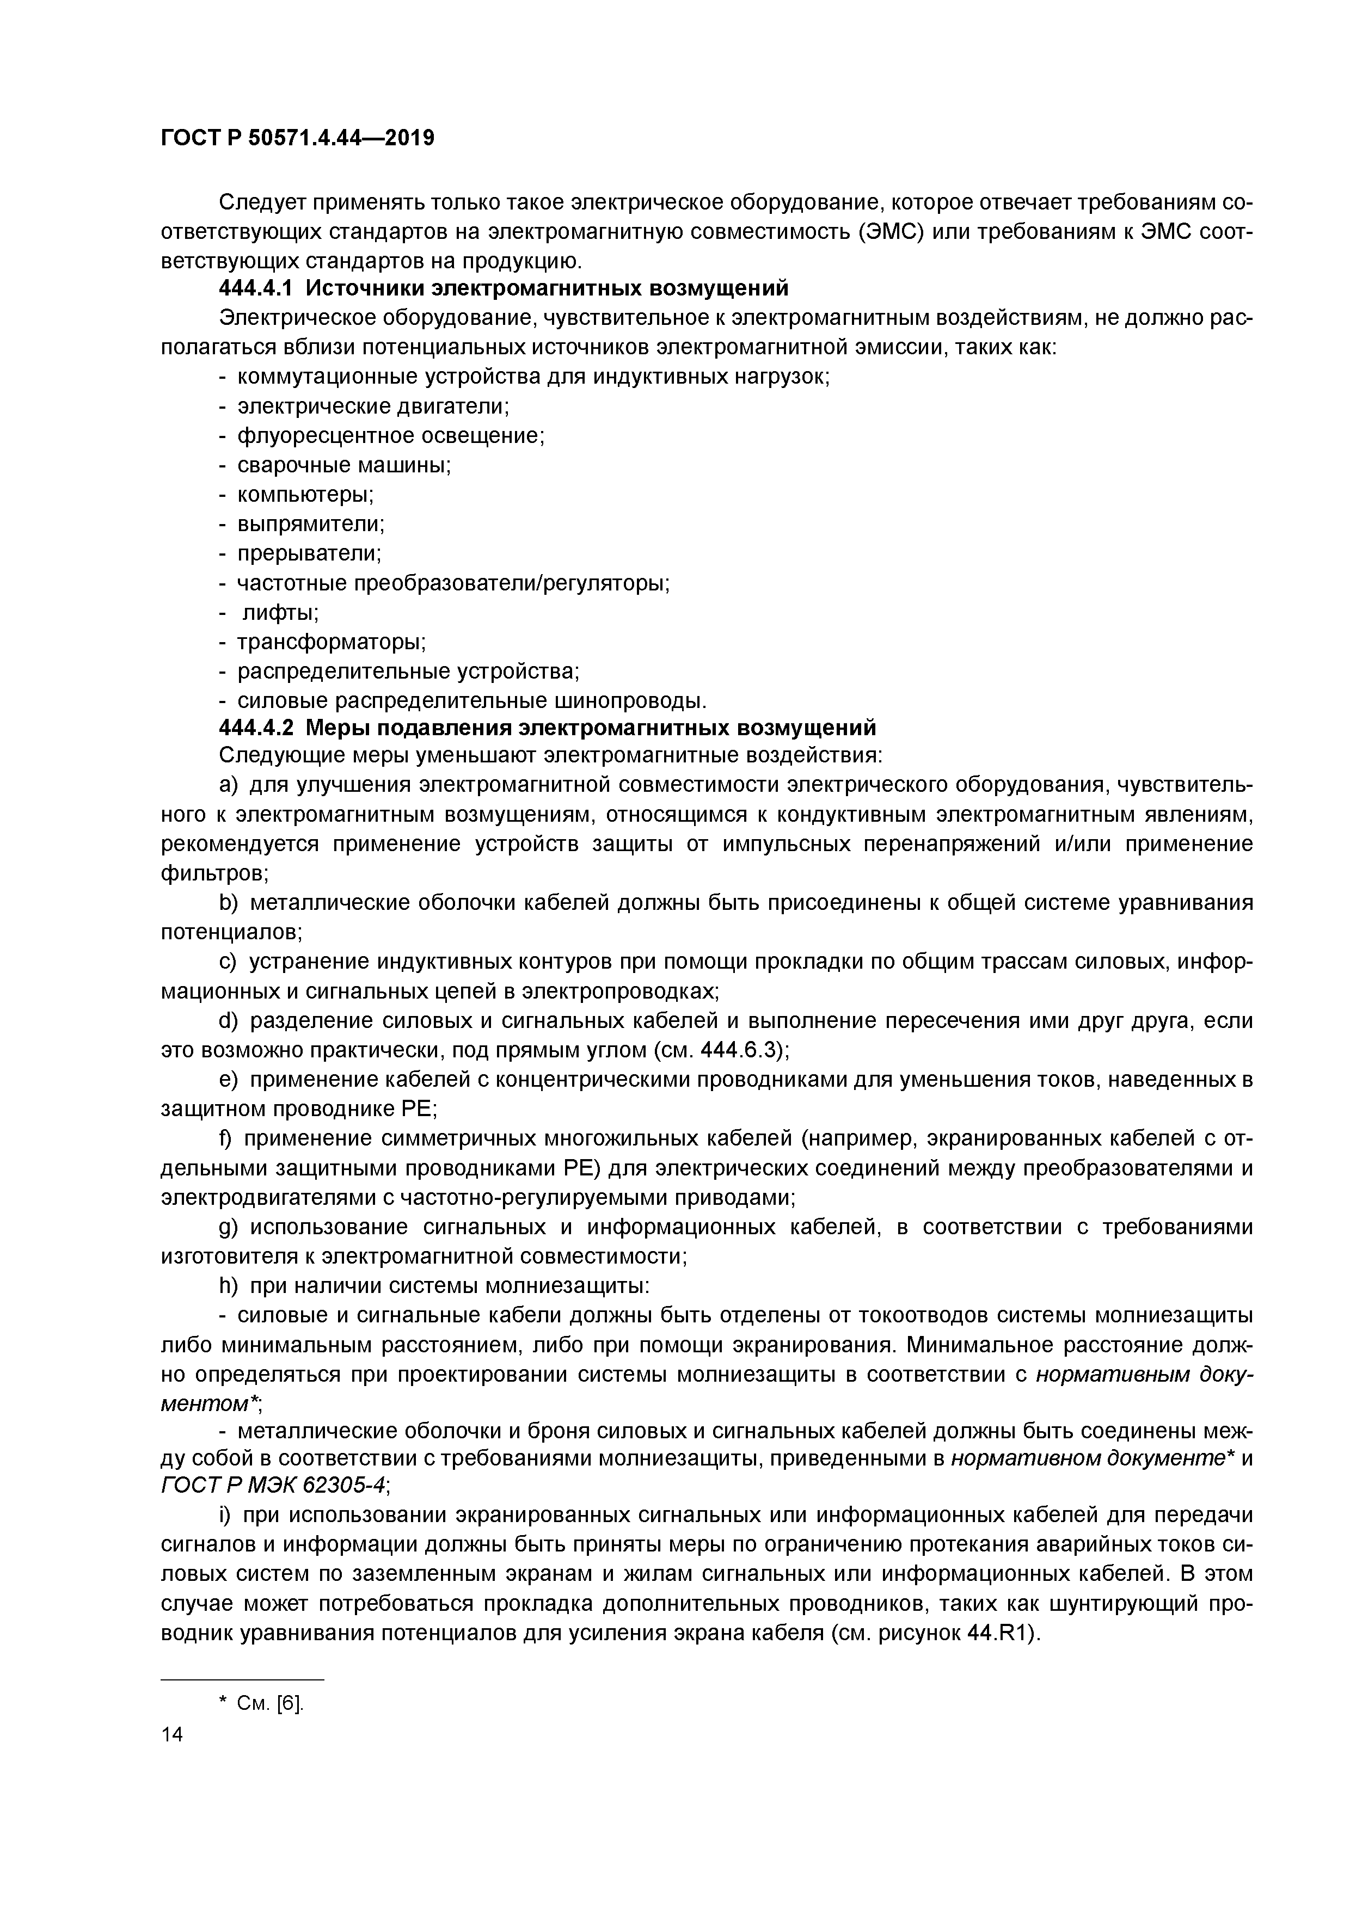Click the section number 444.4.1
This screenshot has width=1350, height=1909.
tap(256, 288)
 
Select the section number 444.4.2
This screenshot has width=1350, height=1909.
tap(256, 728)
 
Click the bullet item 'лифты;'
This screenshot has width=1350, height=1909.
tap(280, 613)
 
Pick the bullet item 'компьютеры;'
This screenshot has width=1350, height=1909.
tap(305, 495)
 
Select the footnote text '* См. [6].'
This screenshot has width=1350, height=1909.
tap(261, 1703)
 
